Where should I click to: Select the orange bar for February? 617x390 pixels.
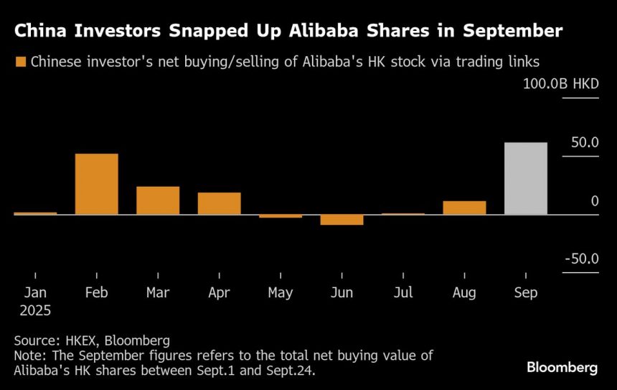point(96,184)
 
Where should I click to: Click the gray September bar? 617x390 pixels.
point(526,178)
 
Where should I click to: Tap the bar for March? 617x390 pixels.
point(158,200)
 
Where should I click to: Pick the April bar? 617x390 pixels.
point(219,203)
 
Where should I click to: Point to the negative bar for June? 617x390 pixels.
point(342,220)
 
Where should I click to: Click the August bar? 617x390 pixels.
point(464,208)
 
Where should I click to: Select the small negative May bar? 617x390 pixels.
point(281,216)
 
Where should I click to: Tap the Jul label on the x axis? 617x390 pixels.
point(403,293)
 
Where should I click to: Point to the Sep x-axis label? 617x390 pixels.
point(526,293)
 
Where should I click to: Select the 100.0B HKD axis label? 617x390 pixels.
point(561,85)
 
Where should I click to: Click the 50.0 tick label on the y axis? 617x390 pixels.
point(585,143)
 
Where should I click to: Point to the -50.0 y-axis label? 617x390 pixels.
point(581,259)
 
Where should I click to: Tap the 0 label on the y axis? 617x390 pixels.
point(595,201)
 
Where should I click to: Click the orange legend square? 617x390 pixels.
point(20,62)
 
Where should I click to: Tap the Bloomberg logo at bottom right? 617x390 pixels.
point(562,367)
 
